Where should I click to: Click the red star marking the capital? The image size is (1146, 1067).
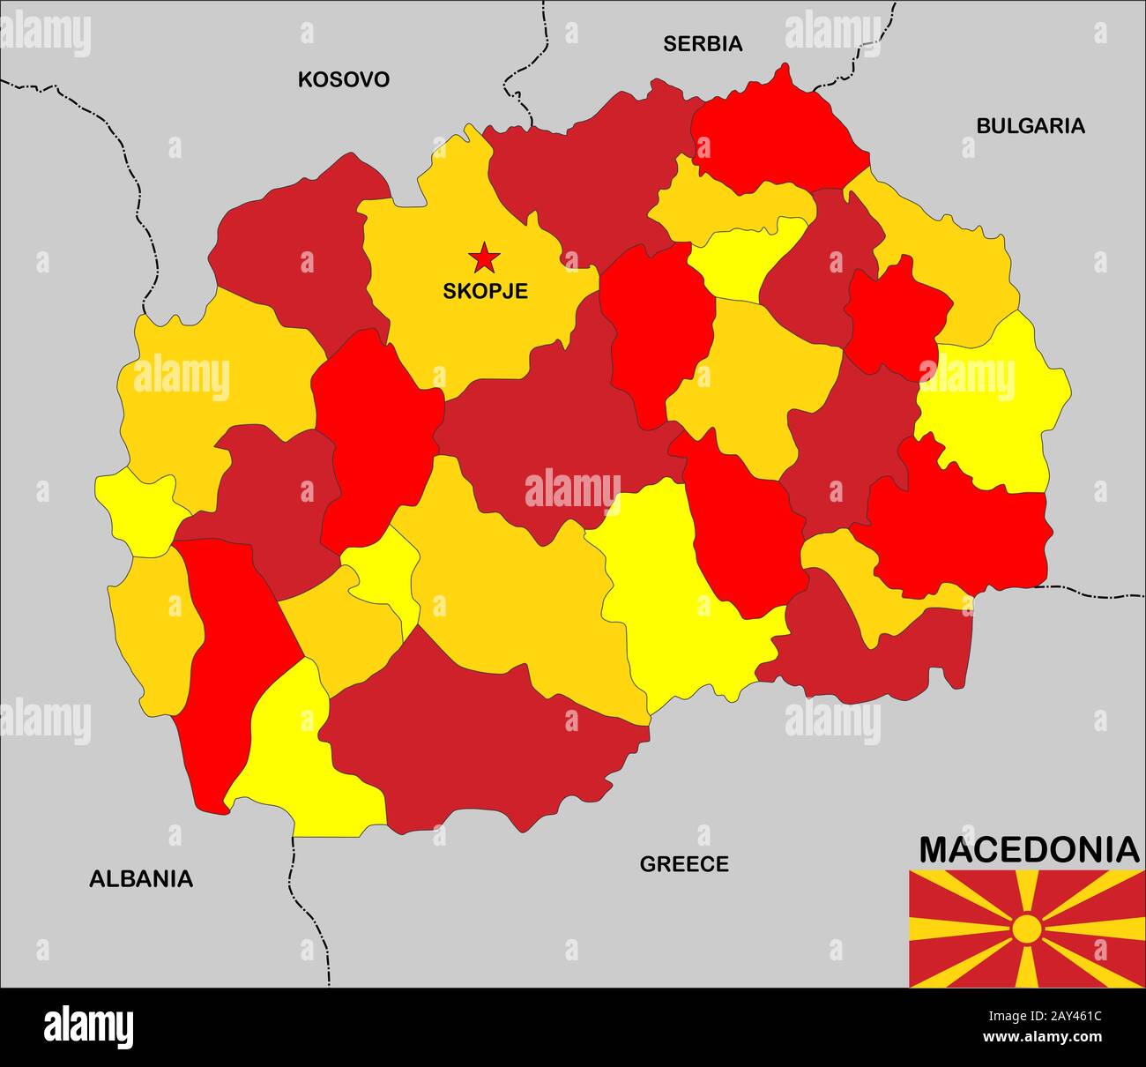pyautogui.click(x=484, y=258)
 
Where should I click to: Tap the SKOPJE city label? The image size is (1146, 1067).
pyautogui.click(x=485, y=291)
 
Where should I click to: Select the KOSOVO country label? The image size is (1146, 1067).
pyautogui.click(x=343, y=79)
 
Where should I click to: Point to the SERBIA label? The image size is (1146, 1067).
pyautogui.click(x=703, y=43)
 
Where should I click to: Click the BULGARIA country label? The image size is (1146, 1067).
pyautogui.click(x=1030, y=126)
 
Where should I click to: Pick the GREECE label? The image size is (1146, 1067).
pyautogui.click(x=684, y=864)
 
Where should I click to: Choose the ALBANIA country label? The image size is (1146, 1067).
pyautogui.click(x=141, y=878)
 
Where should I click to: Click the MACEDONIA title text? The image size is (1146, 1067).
pyautogui.click(x=1028, y=850)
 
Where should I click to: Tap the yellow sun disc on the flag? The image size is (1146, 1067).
pyautogui.click(x=1027, y=929)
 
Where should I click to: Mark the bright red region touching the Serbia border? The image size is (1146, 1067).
pyautogui.click(x=776, y=132)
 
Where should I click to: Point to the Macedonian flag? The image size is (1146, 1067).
pyautogui.click(x=1027, y=929)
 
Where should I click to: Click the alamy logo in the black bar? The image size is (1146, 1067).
pyautogui.click(x=88, y=1027)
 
